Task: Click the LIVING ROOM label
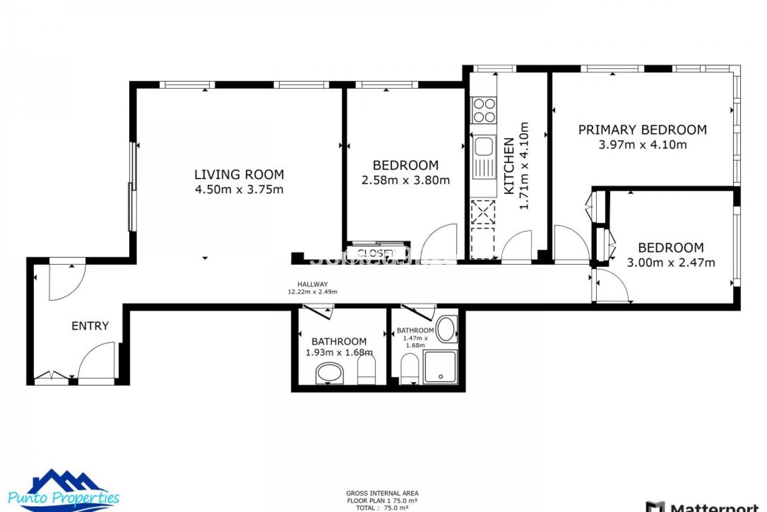click(x=239, y=175)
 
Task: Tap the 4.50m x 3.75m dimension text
click(x=239, y=189)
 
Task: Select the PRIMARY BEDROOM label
click(x=642, y=130)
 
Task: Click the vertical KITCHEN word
click(x=509, y=166)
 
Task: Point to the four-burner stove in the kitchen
click(x=484, y=110)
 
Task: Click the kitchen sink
click(x=484, y=146)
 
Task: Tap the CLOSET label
click(x=376, y=253)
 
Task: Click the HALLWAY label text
click(x=312, y=284)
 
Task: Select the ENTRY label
click(x=90, y=326)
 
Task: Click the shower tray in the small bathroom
click(x=440, y=366)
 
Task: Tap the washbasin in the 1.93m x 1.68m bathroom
click(x=330, y=374)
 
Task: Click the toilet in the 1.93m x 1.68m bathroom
click(x=366, y=369)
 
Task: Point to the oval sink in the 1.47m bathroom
click(x=446, y=330)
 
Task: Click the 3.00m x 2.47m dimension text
click(x=671, y=263)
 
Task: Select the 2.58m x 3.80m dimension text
click(x=405, y=180)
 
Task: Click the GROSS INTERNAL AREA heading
click(x=382, y=493)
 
